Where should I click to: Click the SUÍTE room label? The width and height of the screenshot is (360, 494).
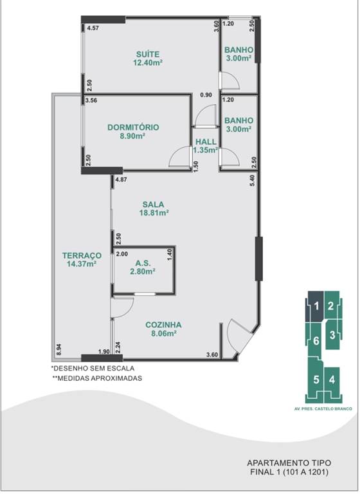[148, 54]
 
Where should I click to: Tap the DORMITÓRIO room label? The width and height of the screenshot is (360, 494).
[133, 127]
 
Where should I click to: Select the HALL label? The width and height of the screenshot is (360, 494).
[206, 142]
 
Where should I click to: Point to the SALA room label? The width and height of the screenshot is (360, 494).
[154, 205]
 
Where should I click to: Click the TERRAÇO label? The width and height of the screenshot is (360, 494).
[82, 255]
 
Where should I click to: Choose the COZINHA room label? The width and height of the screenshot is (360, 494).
[163, 325]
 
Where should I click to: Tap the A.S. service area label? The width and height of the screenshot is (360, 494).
[143, 263]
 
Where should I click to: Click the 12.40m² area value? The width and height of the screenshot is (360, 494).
[148, 62]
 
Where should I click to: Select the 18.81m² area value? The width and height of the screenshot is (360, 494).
[154, 213]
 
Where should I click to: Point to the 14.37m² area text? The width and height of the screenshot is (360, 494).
[82, 264]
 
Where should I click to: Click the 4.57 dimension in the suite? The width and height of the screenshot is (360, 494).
[93, 28]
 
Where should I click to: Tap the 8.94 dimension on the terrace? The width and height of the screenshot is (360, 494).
[59, 350]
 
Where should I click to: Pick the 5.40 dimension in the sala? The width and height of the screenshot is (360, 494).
[252, 181]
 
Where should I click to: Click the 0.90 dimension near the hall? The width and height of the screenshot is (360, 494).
[206, 95]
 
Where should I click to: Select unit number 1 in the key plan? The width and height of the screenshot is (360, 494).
[317, 306]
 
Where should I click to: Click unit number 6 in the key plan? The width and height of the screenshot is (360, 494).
[316, 340]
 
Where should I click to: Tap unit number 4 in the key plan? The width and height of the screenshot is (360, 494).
[332, 380]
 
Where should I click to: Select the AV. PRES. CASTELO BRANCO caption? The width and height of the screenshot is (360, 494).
[323, 409]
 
